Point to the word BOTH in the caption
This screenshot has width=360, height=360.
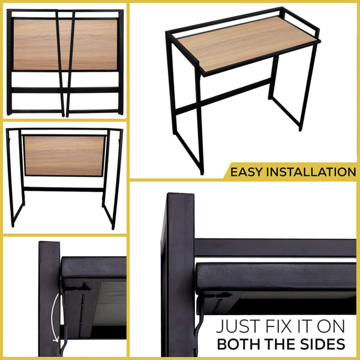pos(239,344)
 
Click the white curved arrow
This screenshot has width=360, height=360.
pos(53,318)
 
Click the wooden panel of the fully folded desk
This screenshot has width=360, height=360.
pos(65,44)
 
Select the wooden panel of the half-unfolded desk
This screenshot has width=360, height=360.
pos(64,155)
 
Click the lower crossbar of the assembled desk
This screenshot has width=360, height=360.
pos(223,97)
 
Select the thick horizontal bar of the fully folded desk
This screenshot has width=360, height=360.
pos(65,90)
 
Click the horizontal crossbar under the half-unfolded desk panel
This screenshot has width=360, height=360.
pos(64,190)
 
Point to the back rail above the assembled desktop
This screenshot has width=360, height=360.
pos(224,20)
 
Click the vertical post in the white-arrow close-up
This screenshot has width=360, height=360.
pos(49,298)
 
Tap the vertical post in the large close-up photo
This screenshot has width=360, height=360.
pos(179,274)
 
